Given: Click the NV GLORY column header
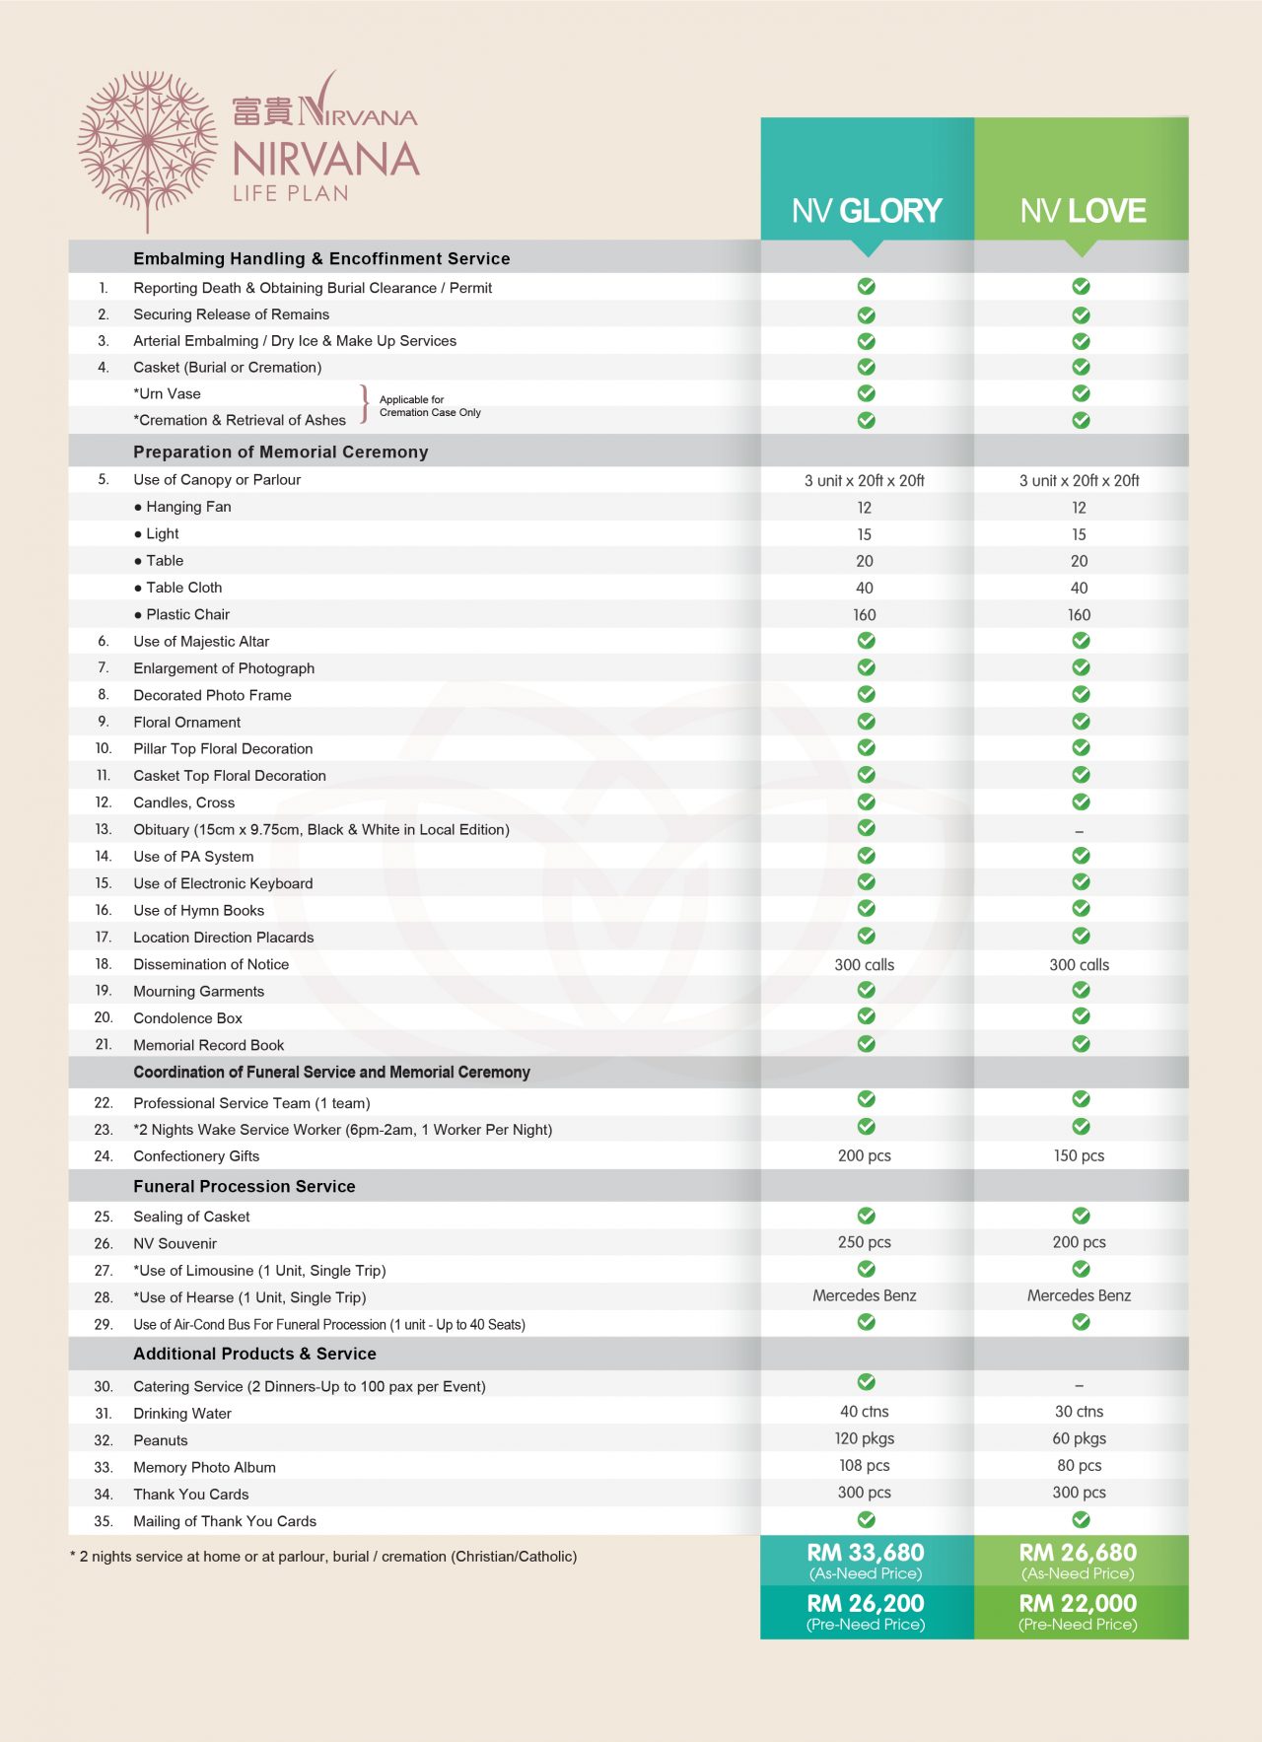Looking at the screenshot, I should click(867, 210).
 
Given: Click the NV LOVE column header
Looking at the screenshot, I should click(1083, 210).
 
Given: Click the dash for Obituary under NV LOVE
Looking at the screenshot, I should click(1080, 831).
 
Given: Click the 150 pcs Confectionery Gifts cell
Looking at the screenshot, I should click(1079, 1155).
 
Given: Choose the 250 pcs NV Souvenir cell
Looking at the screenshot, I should click(865, 1242).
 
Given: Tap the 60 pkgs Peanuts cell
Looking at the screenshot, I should click(1079, 1438).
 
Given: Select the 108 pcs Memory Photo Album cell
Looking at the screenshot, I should click(865, 1466).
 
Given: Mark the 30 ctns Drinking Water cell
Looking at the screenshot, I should click(1079, 1412).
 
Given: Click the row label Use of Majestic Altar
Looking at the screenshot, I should click(201, 641).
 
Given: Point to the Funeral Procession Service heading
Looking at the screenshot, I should click(245, 1186).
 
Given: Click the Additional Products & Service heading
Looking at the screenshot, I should click(254, 1354).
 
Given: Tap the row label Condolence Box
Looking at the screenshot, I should click(187, 1017).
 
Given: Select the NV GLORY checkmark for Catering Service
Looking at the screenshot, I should click(866, 1382).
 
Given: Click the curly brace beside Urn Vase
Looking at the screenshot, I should click(365, 404).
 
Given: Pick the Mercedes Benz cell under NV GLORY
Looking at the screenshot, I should click(865, 1295).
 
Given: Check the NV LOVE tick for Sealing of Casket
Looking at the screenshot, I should click(1081, 1216).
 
